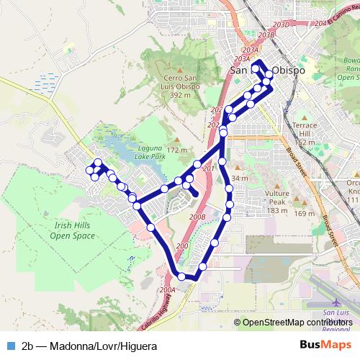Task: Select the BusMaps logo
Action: pyautogui.click(x=322, y=346)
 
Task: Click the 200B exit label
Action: pyautogui.click(x=197, y=217)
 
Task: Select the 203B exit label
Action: pyautogui.click(x=266, y=35)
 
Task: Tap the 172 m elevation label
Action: pyautogui.click(x=177, y=150)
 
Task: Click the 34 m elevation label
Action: pyautogui.click(x=240, y=179)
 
